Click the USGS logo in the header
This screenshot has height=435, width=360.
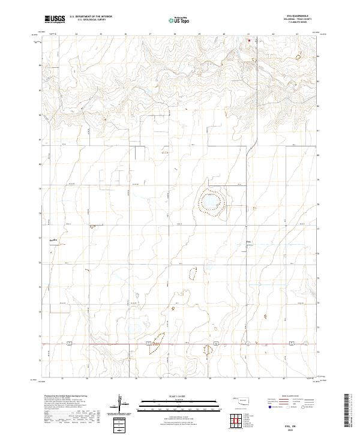[x=54, y=19]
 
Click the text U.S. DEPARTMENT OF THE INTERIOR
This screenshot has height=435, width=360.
[x=91, y=17]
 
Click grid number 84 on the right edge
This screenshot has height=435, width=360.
[x=318, y=56]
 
